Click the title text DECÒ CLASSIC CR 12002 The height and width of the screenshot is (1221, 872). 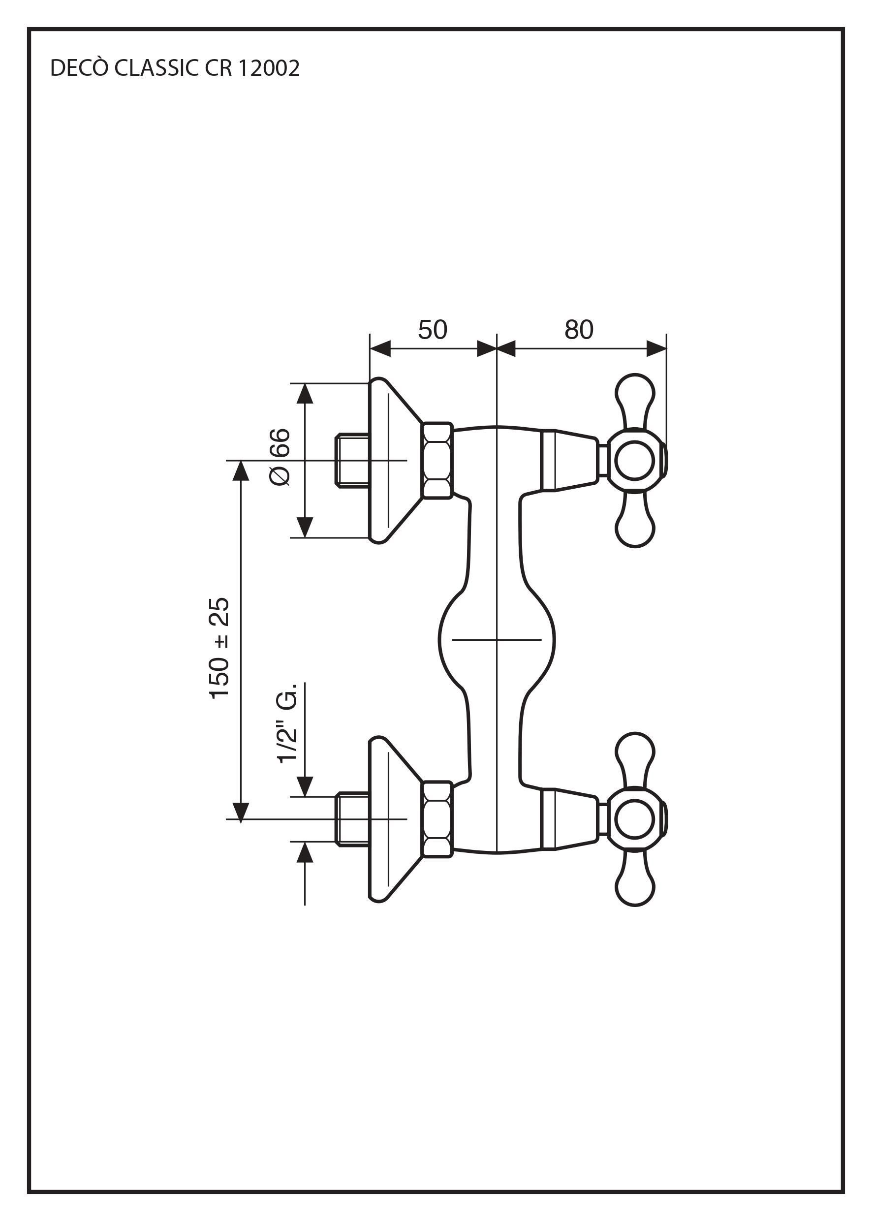(x=175, y=68)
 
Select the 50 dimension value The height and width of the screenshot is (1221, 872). (x=432, y=330)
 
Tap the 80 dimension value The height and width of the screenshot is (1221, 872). (x=579, y=330)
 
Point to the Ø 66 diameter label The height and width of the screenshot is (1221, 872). (x=280, y=458)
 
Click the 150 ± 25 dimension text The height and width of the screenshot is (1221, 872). (x=219, y=648)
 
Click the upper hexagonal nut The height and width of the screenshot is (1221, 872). (x=436, y=460)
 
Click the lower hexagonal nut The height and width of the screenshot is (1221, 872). (x=436, y=819)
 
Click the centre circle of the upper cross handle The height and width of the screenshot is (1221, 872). (x=634, y=460)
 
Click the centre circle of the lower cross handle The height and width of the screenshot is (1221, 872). (x=634, y=819)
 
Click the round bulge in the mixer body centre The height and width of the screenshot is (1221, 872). (x=497, y=639)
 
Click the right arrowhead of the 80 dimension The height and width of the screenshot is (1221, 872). (x=656, y=348)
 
